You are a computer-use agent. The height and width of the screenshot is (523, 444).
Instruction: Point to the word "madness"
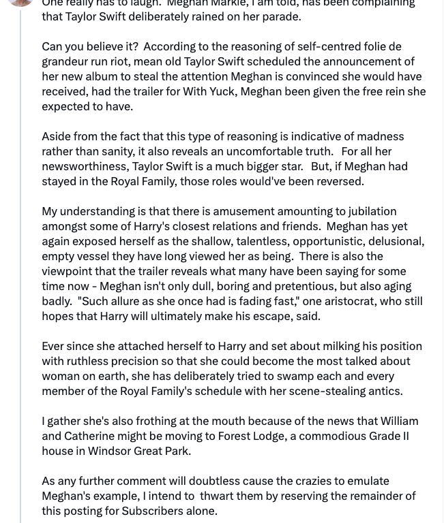coord(382,136)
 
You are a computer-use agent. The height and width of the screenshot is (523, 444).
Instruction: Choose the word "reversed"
coord(338,181)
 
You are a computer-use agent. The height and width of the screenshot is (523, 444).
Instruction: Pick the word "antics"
coord(383,391)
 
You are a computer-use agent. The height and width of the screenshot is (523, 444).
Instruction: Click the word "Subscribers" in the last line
coord(152,511)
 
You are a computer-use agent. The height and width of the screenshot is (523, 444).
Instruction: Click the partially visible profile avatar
coord(20,2)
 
